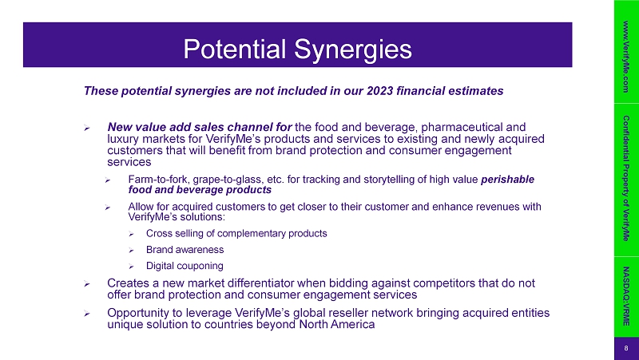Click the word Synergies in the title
point(352,49)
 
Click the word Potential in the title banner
point(234,49)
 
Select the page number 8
point(626,349)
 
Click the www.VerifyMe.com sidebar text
point(626,57)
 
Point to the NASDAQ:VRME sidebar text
point(626,296)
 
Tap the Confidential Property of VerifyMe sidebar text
point(626,178)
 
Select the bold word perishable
point(507,180)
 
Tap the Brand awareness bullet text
point(185,250)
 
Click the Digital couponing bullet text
point(185,266)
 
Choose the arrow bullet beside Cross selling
point(131,234)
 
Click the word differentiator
point(261,283)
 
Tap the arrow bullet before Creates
point(87,284)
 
